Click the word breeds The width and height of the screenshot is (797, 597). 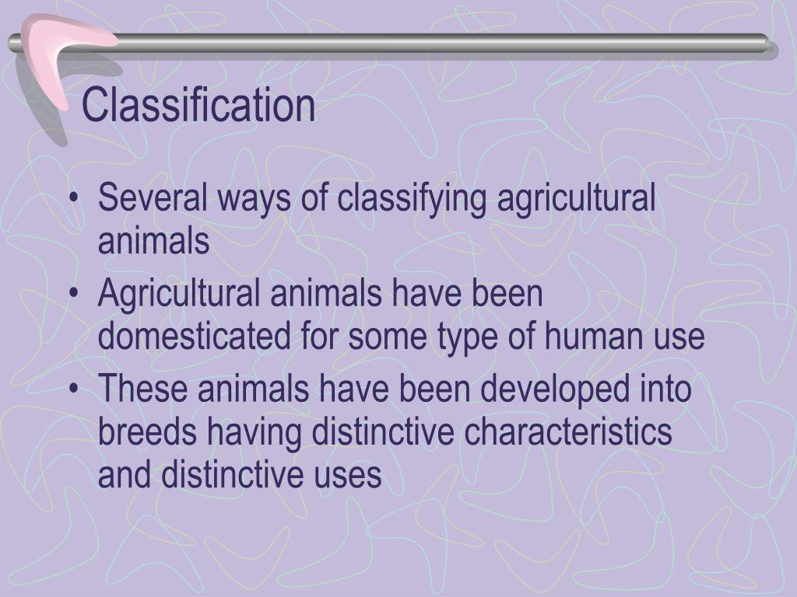(148, 432)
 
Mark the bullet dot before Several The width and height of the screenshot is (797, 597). (74, 201)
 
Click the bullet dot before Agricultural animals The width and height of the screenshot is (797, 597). (74, 295)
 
